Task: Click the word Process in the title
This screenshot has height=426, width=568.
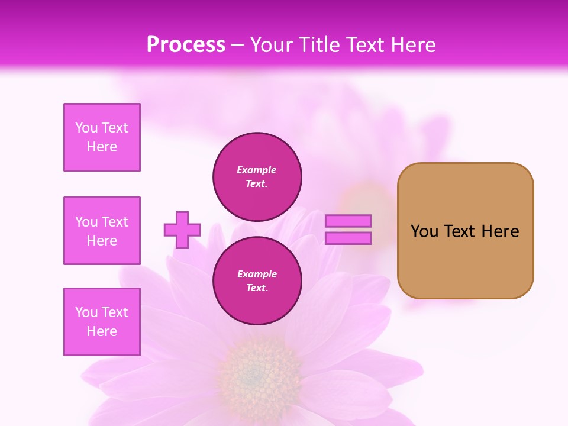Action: (186, 45)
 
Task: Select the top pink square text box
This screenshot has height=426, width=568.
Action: (102, 137)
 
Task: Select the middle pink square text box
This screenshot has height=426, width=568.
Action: (102, 231)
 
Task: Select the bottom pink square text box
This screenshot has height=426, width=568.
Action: (102, 321)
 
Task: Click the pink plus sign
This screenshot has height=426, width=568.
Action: (182, 230)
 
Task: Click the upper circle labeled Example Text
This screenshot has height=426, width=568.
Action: (257, 177)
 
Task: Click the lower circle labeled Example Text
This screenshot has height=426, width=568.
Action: (257, 281)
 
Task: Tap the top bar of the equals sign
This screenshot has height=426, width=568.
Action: (348, 221)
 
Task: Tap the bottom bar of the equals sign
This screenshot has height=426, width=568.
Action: (348, 238)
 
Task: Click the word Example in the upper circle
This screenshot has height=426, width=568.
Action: (257, 170)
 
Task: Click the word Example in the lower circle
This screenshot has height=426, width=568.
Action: (257, 274)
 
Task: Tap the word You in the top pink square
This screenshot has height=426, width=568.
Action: (86, 128)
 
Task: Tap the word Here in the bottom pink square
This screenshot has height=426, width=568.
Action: (102, 331)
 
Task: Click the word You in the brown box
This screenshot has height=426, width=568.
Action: (424, 231)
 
